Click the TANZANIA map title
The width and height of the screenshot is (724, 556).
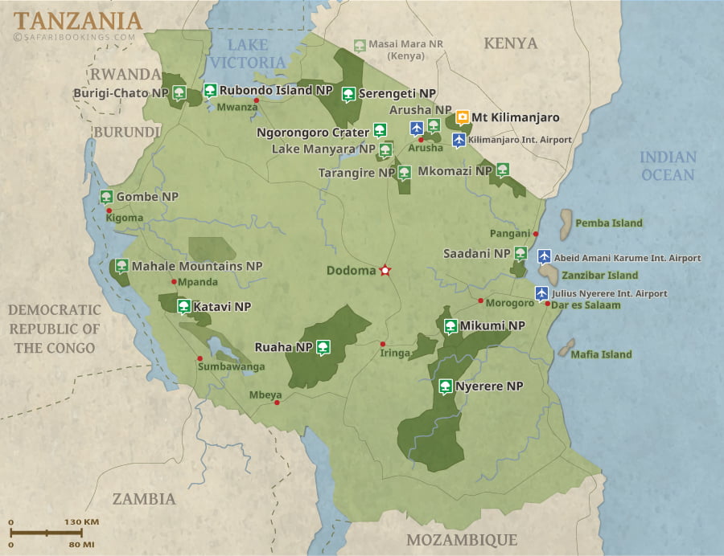(77, 19)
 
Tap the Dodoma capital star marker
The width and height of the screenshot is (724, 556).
(385, 271)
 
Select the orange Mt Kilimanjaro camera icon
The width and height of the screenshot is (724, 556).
(463, 117)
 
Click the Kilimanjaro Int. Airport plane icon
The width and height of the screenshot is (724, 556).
(459, 140)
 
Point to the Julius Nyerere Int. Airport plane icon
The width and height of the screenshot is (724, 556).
(542, 293)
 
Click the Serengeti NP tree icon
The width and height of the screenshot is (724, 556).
(348, 94)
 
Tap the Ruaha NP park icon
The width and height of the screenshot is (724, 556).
(323, 347)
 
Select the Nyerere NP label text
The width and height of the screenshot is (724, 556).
(489, 386)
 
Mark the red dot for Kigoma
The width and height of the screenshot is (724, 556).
(109, 211)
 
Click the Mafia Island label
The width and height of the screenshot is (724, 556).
(601, 354)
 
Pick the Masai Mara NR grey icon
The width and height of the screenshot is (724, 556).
(360, 45)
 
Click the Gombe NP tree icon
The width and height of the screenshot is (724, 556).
(105, 197)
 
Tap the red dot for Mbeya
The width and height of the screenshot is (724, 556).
(278, 403)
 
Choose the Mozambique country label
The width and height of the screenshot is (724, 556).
(461, 540)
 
